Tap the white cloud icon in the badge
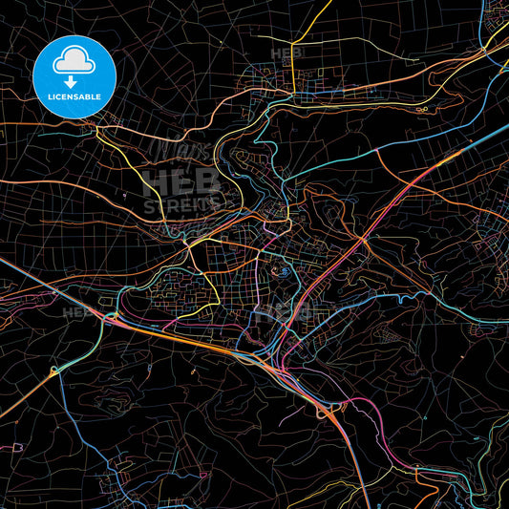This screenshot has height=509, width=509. coord(74,59)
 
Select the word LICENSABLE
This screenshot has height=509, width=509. coord(74,97)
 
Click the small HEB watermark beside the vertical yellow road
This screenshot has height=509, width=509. coord(286,53)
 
